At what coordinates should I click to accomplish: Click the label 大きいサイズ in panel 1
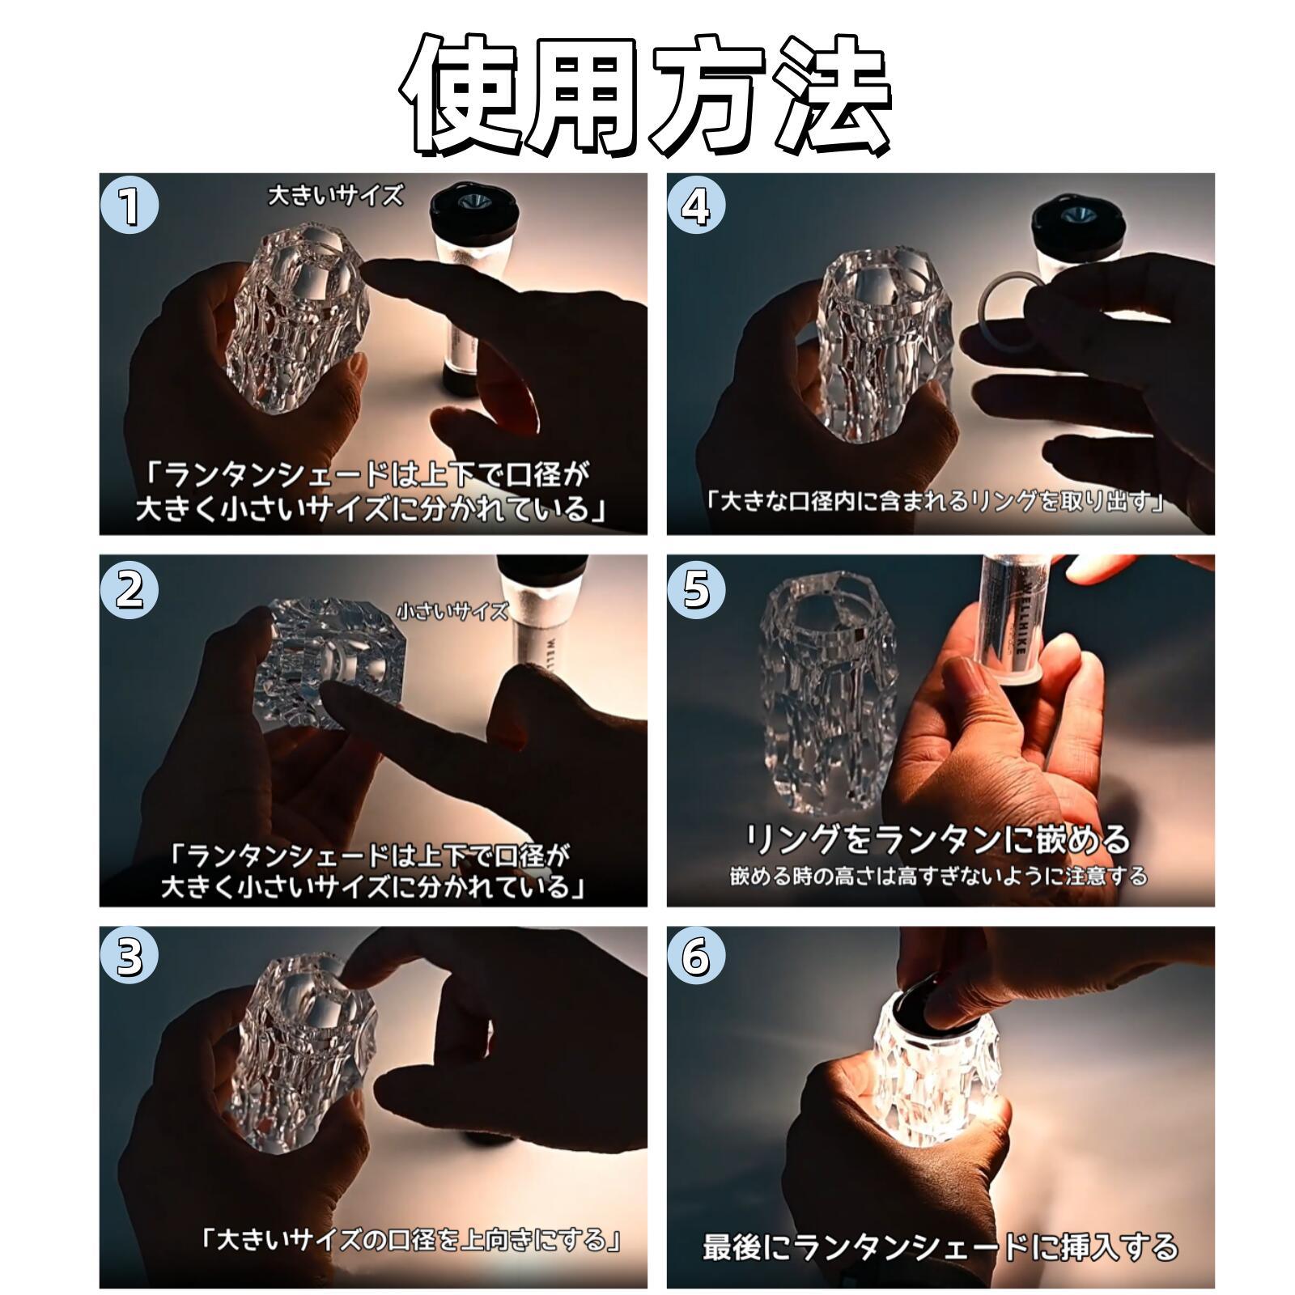[x=335, y=195]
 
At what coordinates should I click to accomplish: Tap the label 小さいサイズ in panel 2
[x=452, y=611]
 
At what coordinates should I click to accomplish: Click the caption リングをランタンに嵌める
[x=937, y=839]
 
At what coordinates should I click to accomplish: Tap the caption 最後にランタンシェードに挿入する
[x=940, y=1246]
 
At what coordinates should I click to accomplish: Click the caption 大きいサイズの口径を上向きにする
[x=413, y=1239]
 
